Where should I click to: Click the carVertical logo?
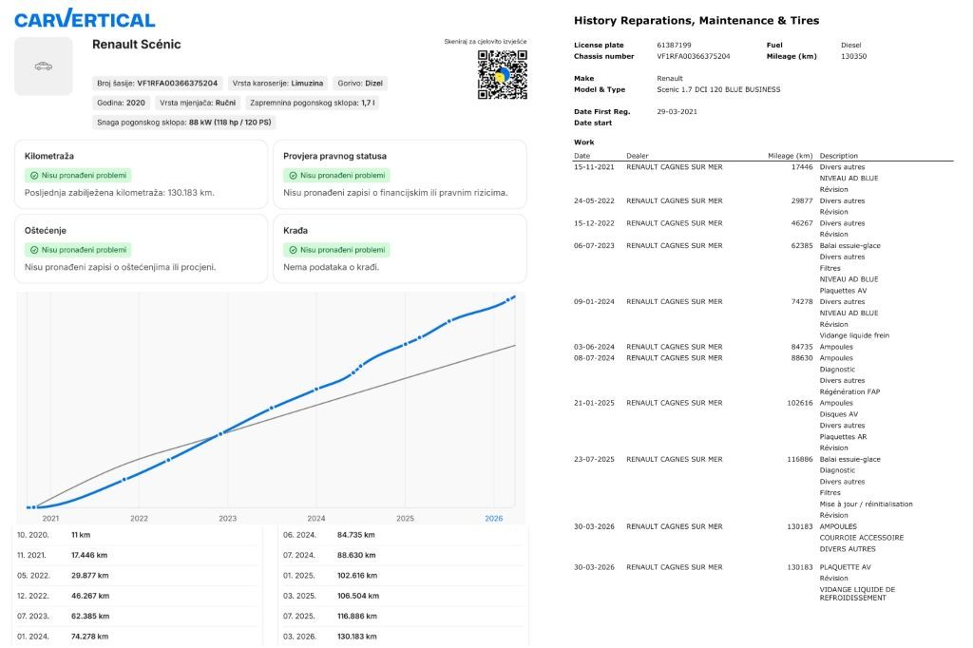[85, 19]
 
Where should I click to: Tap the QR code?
[502, 74]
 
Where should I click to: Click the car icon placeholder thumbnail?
[44, 66]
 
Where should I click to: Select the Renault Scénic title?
[137, 44]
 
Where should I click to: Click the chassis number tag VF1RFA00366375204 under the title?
[158, 84]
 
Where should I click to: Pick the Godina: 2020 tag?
[121, 103]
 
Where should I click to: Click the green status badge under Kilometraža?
[78, 176]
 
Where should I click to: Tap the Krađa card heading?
[296, 230]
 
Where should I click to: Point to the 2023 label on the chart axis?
[228, 518]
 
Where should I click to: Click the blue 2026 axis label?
[494, 518]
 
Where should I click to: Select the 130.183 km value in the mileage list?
[357, 637]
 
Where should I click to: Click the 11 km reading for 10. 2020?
[81, 535]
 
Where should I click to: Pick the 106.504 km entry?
[358, 596]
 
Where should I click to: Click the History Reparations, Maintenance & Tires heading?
[696, 21]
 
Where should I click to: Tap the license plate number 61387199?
[674, 46]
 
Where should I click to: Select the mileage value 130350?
[854, 56]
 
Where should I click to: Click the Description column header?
[838, 156]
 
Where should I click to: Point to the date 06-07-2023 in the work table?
[594, 246]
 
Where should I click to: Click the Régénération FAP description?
[849, 391]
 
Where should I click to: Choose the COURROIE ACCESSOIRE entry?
[861, 538]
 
